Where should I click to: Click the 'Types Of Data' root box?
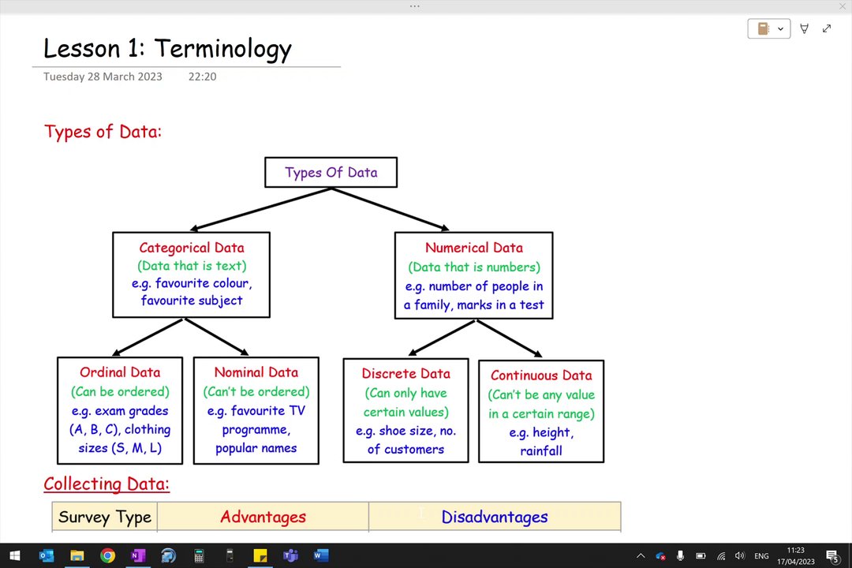(331, 172)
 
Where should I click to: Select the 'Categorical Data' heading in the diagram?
(192, 248)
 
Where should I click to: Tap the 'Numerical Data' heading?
(474, 248)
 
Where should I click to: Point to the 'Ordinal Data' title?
(120, 372)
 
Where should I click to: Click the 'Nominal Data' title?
(256, 372)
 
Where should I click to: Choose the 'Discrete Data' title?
(406, 374)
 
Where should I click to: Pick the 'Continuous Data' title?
(541, 376)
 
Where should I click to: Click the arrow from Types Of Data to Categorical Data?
(260, 210)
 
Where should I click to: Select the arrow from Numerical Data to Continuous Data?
(509, 338)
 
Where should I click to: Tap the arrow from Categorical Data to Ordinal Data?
(148, 337)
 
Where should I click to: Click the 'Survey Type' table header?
(105, 517)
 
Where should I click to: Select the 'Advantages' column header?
(263, 517)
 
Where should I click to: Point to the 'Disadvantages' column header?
(495, 517)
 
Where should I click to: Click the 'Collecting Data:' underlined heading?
(106, 484)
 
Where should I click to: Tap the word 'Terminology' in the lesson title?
(222, 49)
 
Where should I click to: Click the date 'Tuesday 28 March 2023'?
(103, 77)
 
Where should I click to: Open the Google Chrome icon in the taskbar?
(107, 555)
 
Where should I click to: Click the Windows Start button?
(15, 555)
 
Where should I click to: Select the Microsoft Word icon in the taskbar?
(321, 555)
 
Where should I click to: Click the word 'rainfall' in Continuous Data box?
(541, 451)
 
